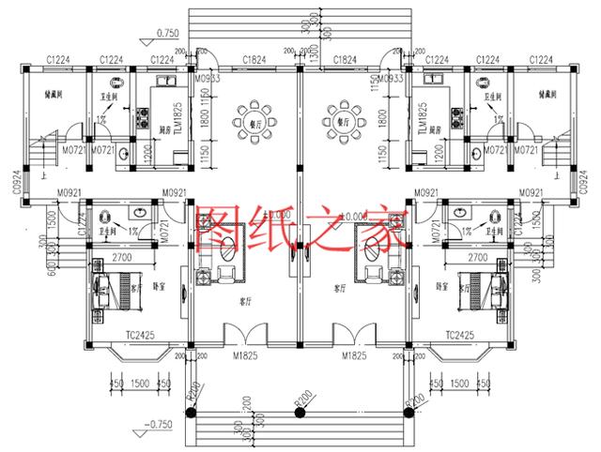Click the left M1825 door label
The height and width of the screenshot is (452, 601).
pyautogui.click(x=246, y=357)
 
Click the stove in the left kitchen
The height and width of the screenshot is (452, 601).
pyautogui.click(x=146, y=118)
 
